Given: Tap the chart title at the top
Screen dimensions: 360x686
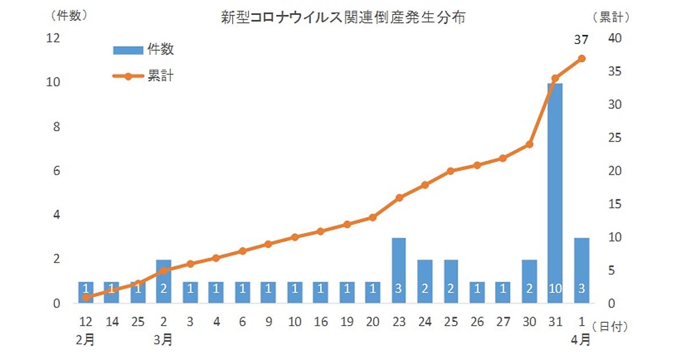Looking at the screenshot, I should click(343, 18).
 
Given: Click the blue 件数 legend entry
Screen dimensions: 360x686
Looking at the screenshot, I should click(143, 50).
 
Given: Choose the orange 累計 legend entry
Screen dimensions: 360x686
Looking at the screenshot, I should click(143, 76).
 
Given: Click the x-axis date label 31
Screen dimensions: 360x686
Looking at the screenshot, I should click(555, 322).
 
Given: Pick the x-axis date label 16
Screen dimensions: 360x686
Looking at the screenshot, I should click(321, 322).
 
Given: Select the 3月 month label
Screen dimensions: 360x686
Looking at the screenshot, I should click(163, 339).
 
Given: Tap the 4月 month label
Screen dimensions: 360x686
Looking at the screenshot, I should click(581, 339).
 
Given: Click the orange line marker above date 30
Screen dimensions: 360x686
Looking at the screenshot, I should click(529, 145).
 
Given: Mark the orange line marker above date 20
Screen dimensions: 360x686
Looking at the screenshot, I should click(373, 217).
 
